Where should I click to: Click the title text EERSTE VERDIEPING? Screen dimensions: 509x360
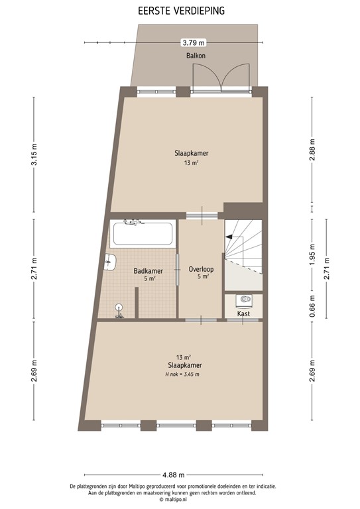[x=180, y=11]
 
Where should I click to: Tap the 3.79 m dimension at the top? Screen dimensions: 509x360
[x=191, y=42]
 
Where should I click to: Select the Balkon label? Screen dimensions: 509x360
[x=196, y=56]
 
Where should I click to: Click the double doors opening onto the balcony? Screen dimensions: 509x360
[x=221, y=79]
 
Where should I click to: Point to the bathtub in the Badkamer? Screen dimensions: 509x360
[x=143, y=234]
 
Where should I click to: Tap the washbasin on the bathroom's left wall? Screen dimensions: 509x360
[x=110, y=263]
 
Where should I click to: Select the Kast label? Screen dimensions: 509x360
[x=243, y=313]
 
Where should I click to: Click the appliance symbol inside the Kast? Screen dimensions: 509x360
[x=244, y=299]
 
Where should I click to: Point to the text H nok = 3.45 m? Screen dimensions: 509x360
[x=183, y=374]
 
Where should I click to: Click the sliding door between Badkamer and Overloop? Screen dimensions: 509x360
[x=177, y=268]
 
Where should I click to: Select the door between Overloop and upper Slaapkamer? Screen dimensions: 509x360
[x=201, y=214]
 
